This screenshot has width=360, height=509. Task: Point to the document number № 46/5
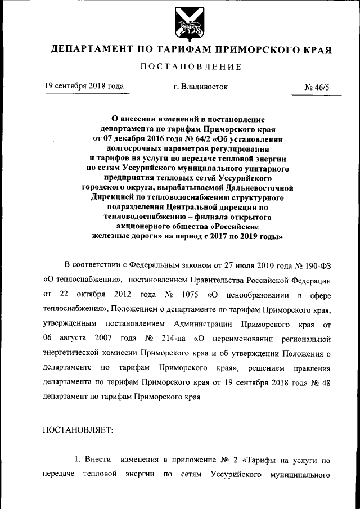[x=318, y=88]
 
